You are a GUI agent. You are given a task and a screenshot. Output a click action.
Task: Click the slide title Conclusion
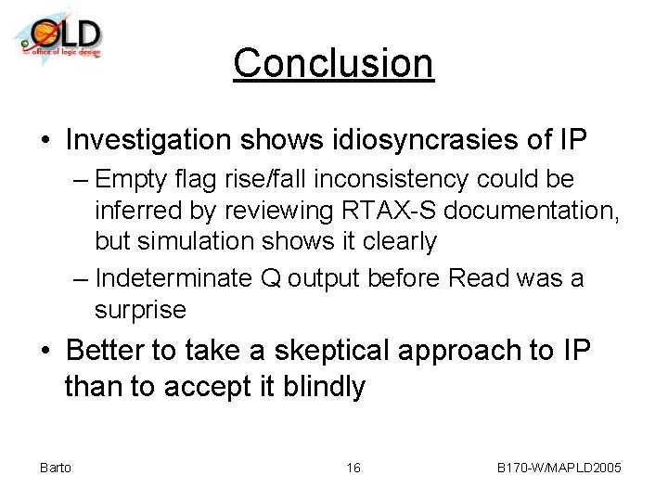[333, 63]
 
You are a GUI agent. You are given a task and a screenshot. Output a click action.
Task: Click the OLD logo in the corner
[58, 36]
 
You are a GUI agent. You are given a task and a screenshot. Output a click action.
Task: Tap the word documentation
[540, 211]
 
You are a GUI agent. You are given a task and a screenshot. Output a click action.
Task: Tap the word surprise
[140, 309]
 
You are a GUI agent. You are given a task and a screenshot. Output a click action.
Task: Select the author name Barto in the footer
[56, 468]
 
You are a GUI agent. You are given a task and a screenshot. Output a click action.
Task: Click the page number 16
[353, 468]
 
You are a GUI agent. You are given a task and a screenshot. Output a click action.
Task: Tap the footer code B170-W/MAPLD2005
[559, 468]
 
